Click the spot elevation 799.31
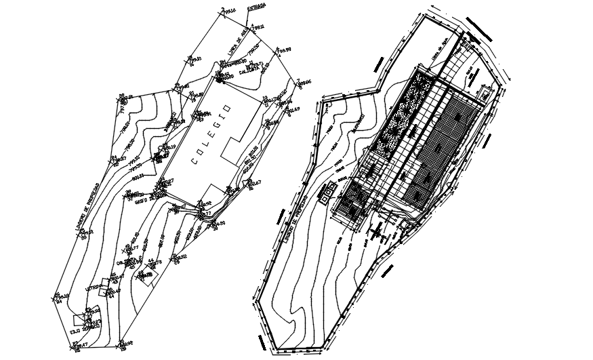[x=258, y=27]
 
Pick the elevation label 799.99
[x=284, y=49]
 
